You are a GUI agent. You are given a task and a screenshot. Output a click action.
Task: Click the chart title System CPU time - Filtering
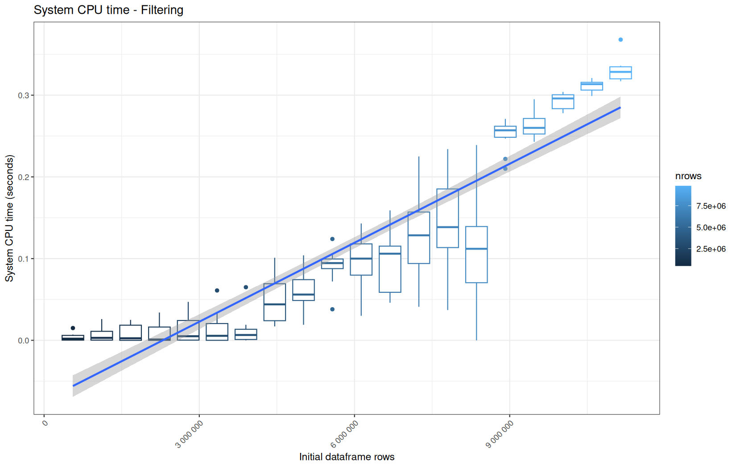coord(108,10)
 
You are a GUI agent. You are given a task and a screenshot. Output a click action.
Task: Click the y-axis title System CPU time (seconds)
coord(9,218)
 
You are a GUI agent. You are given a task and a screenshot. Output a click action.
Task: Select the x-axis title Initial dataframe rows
coord(347,457)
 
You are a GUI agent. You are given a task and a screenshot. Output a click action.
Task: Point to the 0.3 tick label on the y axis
coord(23,95)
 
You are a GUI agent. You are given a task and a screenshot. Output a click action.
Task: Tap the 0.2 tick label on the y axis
coord(23,177)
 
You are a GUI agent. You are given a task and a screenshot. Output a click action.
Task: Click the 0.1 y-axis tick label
coord(23,259)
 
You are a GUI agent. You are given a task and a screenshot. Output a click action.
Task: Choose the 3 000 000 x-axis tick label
coord(189,434)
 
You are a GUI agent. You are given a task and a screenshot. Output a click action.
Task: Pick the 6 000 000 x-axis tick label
coord(344,434)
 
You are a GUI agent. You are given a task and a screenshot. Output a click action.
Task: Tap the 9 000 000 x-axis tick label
coord(500,434)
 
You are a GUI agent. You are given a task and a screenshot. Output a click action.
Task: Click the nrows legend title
coord(688,176)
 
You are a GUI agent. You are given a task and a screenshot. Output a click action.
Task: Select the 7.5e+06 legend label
coord(711,206)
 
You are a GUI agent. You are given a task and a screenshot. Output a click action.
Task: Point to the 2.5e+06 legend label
coord(711,249)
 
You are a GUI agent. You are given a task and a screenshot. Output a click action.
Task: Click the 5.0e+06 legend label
coord(711,227)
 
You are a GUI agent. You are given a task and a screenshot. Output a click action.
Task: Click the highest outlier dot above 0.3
coord(620,40)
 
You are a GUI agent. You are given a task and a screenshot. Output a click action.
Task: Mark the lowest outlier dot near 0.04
coord(332,309)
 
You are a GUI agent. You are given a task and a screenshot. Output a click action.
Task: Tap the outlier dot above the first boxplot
coord(73,328)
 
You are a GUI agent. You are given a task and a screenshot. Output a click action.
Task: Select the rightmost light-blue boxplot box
coord(620,73)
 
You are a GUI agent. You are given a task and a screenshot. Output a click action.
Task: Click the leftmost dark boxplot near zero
coord(73,338)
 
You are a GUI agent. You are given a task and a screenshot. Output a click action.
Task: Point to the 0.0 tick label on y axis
coord(23,341)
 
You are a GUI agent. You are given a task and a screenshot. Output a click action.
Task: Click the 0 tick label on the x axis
coord(45,423)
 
